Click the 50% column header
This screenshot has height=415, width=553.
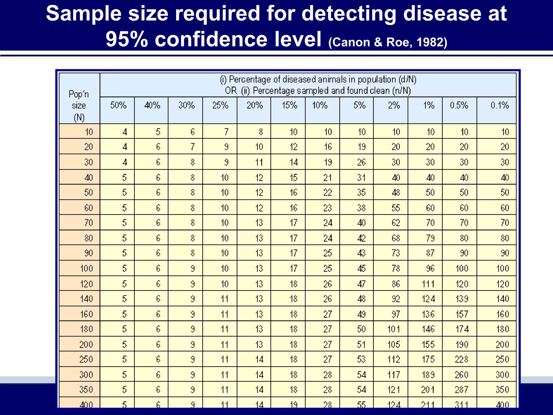coord(118,105)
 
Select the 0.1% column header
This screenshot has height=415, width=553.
coord(500,105)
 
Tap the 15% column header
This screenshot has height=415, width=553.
coord(289,105)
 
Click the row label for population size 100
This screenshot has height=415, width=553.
coord(86,268)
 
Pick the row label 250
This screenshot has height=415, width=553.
coord(86,359)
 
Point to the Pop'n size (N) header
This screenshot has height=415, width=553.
coord(79,106)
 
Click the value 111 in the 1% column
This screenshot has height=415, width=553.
coord(428,284)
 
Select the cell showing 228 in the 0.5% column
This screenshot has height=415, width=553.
coord(461,359)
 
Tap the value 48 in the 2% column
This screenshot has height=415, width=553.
coord(396,192)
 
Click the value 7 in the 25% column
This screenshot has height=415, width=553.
coord(226,132)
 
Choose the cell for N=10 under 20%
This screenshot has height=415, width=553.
coord(261,132)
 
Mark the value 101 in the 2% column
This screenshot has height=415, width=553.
coord(394,329)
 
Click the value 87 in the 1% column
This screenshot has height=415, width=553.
coord(430,253)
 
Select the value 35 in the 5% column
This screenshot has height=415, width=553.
coord(361,192)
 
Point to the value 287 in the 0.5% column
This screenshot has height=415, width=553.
coord(461,390)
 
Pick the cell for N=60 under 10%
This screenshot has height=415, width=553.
coord(328,208)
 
